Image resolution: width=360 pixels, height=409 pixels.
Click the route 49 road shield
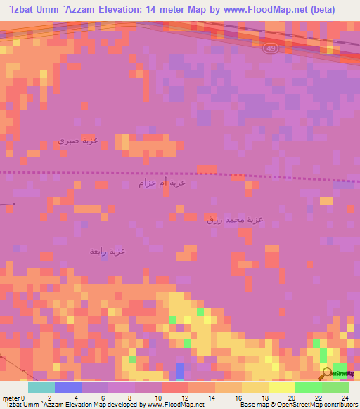tap(271, 48)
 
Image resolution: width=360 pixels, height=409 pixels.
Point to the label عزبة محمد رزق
tap(235, 220)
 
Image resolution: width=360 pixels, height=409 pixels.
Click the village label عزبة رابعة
tap(108, 250)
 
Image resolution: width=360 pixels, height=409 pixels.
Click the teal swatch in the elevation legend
tap(41, 387)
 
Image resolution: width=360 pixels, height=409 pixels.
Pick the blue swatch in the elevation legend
tap(68, 387)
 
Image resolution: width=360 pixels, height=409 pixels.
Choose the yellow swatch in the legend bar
tap(282, 387)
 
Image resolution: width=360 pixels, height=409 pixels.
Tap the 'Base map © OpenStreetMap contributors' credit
tap(297, 405)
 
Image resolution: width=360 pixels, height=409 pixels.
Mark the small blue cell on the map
tap(180, 370)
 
